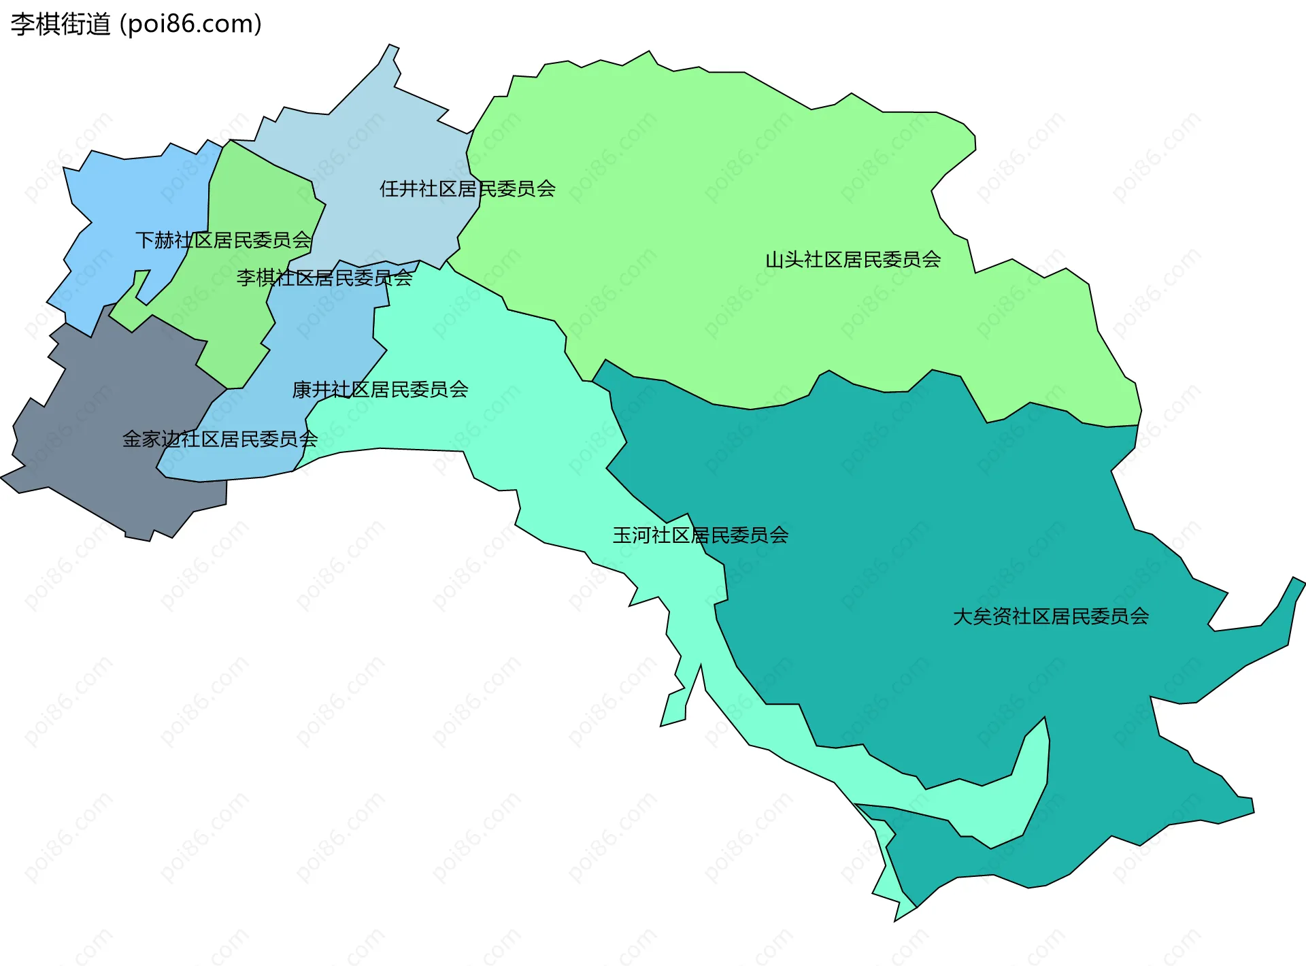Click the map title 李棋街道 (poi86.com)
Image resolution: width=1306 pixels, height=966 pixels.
(x=136, y=24)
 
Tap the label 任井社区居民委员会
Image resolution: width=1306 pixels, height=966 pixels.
(x=467, y=188)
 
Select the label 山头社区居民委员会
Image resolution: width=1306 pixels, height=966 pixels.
(x=853, y=259)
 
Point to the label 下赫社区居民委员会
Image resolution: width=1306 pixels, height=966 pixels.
(x=223, y=239)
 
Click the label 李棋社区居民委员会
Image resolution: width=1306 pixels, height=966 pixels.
(x=324, y=278)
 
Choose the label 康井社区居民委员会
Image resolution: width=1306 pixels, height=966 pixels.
(x=380, y=389)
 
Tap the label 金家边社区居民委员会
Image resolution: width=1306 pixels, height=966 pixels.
(x=220, y=439)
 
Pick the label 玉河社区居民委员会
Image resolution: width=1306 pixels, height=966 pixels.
(x=701, y=535)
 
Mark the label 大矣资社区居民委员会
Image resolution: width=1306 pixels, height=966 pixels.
(x=1051, y=616)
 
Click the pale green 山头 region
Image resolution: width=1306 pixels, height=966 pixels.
(x=714, y=204)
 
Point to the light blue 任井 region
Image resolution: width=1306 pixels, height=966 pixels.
(x=381, y=150)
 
